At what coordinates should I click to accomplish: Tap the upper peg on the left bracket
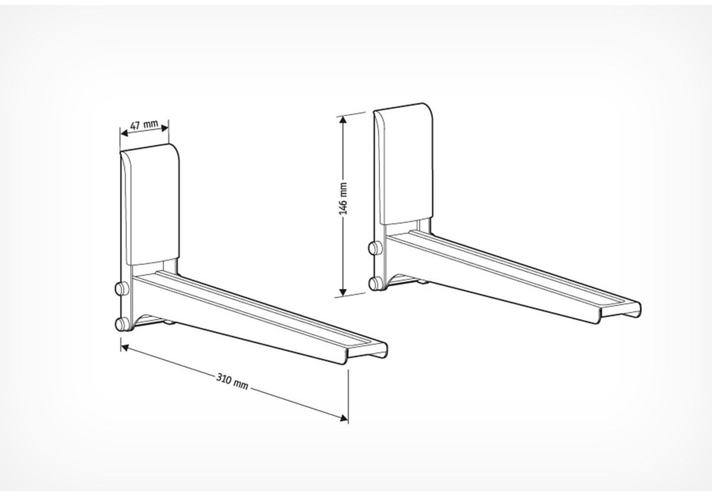[x=121, y=288]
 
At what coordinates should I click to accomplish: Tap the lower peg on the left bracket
[x=121, y=324]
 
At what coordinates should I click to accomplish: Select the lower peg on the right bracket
[x=375, y=282]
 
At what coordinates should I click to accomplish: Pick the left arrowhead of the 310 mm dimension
[x=125, y=347]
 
